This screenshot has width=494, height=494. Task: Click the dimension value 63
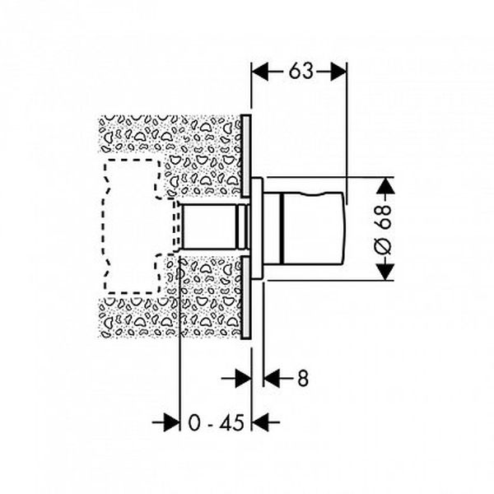pos(301,71)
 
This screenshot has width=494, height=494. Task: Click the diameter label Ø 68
pos(384,230)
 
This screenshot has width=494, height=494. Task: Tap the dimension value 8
pos(302,379)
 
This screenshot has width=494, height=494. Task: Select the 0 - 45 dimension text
pos(216,422)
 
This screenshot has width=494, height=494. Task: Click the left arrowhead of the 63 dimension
pos(260,71)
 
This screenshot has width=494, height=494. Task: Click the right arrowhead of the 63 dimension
pos(338,72)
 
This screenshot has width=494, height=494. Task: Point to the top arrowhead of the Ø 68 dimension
pos(385,186)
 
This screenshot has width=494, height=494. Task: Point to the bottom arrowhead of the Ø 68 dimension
pos(385,272)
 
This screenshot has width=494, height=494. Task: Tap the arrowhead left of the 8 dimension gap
pos(243,379)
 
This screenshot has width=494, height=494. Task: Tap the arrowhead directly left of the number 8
pos(272,379)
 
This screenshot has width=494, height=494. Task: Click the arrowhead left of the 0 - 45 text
pos(171,422)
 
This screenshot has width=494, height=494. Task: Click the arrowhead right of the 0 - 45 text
pos(260,422)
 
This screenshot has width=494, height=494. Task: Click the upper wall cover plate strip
pos(246,156)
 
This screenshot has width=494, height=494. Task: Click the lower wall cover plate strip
pos(246,298)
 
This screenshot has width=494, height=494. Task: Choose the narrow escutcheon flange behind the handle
pos(257,228)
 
